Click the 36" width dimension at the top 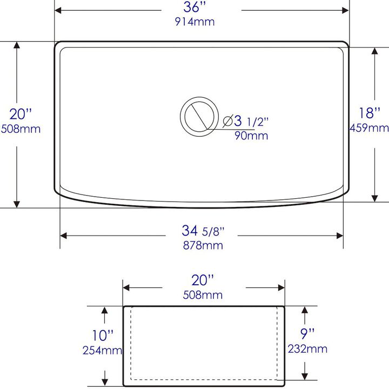tap(194, 8)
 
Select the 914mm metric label tap(194, 22)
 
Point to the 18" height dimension tap(370, 113)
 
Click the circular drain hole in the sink tap(195, 115)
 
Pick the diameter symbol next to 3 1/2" tap(227, 121)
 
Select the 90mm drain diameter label tap(251, 136)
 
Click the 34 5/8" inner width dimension tap(203, 231)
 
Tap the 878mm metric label tap(203, 245)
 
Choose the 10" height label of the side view tap(103, 336)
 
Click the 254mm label tap(103, 350)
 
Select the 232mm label tap(307, 349)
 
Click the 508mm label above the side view tap(203, 295)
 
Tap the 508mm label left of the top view tap(21, 129)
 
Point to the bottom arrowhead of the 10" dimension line tap(104, 380)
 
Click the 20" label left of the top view tap(21, 114)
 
